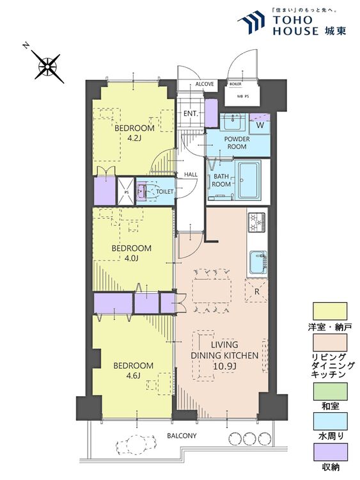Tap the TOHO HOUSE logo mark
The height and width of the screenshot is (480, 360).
point(251,22)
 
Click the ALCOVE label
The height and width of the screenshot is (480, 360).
point(205,84)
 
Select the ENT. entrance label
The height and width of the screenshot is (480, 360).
point(191,113)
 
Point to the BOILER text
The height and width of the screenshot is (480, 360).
point(235,84)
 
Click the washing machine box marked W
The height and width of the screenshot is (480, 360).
point(260,124)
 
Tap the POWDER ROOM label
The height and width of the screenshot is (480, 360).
point(237,143)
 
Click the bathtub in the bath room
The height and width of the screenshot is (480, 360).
point(249,180)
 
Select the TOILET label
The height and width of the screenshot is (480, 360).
point(165,191)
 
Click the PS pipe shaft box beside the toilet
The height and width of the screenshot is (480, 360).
point(126,191)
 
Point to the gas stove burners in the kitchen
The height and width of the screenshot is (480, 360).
point(256,222)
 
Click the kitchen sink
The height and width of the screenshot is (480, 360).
point(258,262)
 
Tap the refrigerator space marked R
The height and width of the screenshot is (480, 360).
point(256,291)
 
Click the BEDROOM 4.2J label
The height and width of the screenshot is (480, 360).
point(134,132)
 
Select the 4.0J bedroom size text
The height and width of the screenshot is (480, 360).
point(131,259)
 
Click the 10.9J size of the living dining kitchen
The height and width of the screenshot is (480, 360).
point(224,366)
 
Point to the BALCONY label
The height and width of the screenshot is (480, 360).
point(182,436)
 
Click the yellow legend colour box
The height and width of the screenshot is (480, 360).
point(330,311)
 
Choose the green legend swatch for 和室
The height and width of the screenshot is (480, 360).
point(330,391)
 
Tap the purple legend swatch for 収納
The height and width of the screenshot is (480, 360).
point(330,452)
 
